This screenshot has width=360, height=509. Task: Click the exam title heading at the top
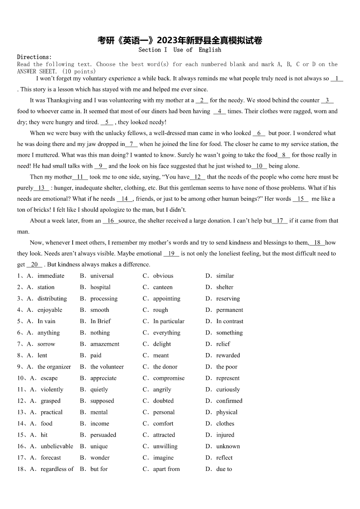[180, 41]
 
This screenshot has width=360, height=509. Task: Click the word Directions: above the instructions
[34, 57]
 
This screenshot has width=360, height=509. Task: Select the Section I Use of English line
[180, 50]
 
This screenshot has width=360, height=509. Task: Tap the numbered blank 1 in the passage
[337, 78]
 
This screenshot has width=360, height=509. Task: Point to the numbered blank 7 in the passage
[131, 144]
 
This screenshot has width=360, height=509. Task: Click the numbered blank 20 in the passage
[34, 265]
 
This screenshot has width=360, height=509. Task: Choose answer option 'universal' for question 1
[102, 276]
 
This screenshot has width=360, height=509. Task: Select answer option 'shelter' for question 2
[225, 287]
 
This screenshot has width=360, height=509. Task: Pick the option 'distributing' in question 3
[52, 299]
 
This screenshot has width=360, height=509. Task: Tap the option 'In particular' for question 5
[169, 321]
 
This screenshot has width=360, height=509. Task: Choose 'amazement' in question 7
[105, 344]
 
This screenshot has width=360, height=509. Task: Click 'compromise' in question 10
[169, 378]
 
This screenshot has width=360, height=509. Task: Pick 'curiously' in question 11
[228, 389]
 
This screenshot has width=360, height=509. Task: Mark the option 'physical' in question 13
[227, 412]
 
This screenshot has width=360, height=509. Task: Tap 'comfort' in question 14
[163, 423]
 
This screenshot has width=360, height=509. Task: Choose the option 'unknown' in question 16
[228, 446]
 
